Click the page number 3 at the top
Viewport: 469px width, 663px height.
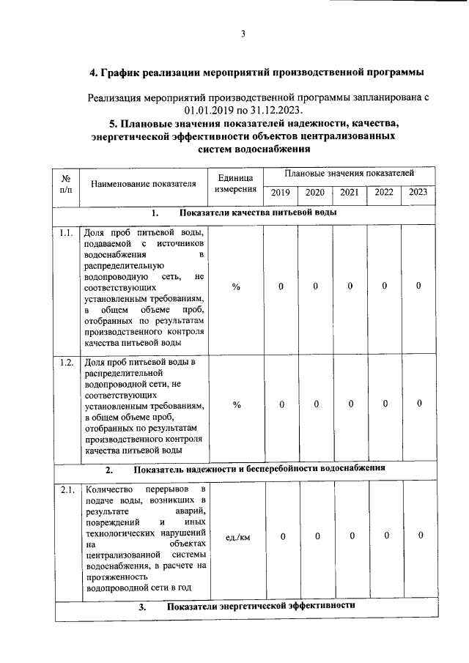(242, 33)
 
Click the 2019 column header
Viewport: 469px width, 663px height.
(281, 193)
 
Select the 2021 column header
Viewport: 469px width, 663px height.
(349, 193)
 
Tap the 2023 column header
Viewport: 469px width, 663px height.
(418, 193)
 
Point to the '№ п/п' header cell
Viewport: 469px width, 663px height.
(66, 183)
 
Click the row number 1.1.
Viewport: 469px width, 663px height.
(66, 234)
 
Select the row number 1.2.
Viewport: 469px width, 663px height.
(66, 363)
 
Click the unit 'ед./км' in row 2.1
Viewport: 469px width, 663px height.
(237, 537)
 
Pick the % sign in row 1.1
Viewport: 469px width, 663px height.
(236, 286)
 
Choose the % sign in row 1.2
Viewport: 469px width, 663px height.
(236, 404)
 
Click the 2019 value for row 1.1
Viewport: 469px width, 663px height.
(281, 286)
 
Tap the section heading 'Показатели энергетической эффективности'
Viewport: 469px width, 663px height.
(261, 607)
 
